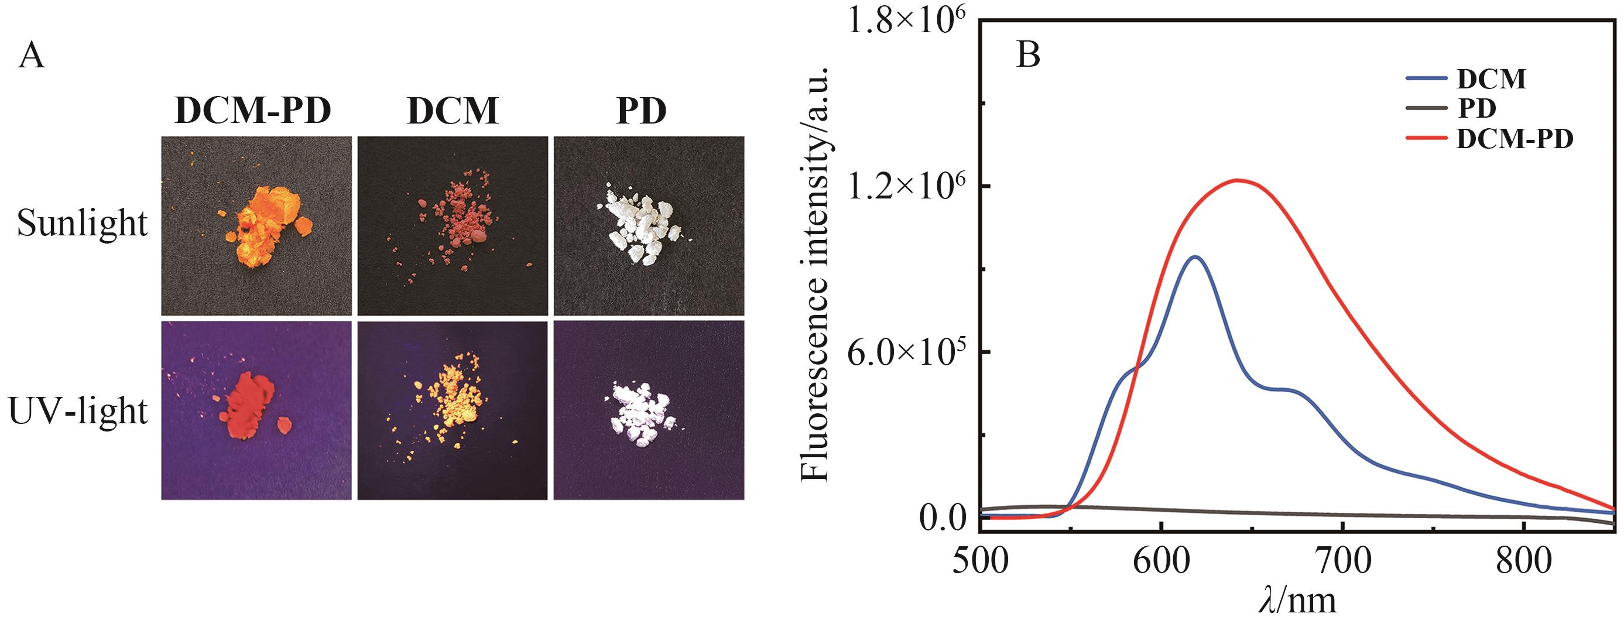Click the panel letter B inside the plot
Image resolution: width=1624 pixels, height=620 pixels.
coord(1028,56)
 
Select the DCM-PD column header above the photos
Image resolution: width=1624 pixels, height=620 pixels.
coord(253,112)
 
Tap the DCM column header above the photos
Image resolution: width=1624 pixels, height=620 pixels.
coord(453,112)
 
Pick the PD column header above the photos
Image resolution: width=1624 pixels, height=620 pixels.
coord(641,112)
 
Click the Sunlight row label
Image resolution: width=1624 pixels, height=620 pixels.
coord(82,223)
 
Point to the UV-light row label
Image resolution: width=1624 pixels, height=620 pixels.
coord(78,410)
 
